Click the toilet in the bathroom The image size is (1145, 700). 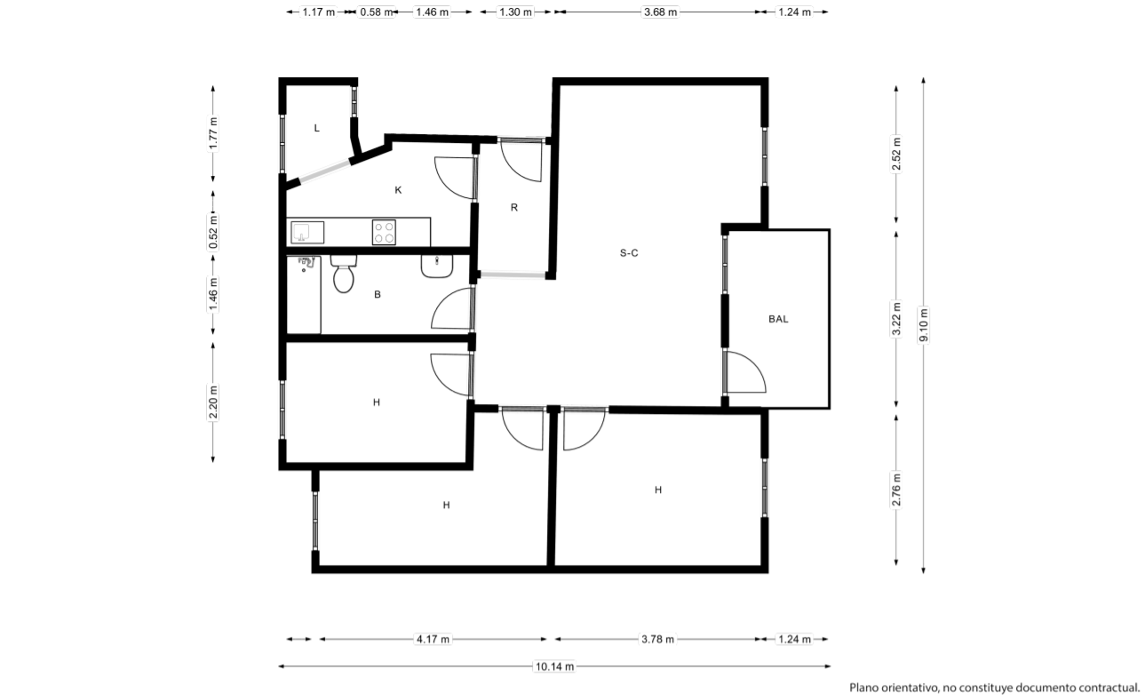[344, 274]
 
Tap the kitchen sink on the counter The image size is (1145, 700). [307, 232]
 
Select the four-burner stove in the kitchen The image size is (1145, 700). [384, 232]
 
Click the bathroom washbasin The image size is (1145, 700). [437, 266]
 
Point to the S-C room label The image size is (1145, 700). [629, 252]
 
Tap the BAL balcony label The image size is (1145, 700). [778, 319]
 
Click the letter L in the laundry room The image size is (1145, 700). [317, 128]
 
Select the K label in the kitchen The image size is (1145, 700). [398, 190]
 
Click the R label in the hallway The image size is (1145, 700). [514, 208]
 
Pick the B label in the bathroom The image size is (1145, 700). [378, 295]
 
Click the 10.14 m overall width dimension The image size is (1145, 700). [554, 666]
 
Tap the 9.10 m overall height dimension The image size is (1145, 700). [923, 325]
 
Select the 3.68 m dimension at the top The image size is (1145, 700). [660, 12]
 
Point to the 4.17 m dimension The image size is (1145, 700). [433, 640]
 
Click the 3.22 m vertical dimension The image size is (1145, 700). [896, 319]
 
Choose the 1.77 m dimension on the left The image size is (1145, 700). [213, 134]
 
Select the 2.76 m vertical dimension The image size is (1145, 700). [896, 489]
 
